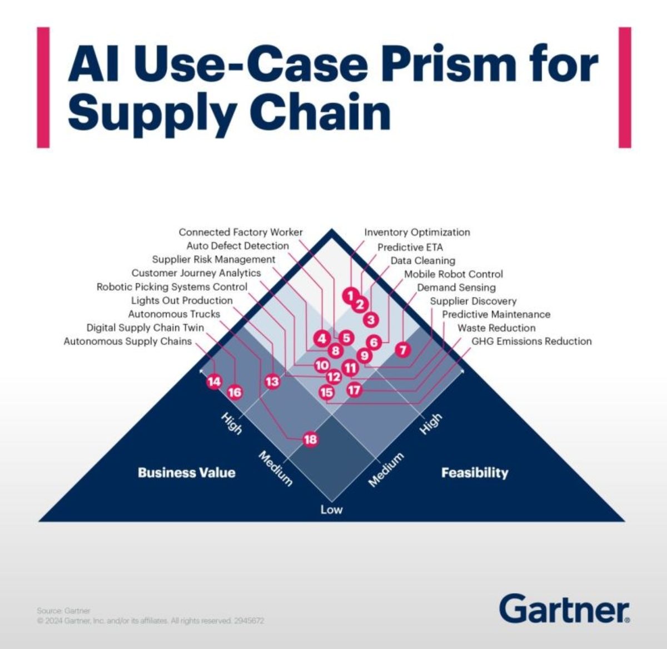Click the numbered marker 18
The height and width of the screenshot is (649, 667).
[310, 439]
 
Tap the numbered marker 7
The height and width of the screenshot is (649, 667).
[403, 350]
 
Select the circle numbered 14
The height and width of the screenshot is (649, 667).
[214, 382]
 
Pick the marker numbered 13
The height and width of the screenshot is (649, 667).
[272, 382]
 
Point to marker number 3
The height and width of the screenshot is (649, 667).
[371, 320]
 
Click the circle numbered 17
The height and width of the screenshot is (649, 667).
[355, 390]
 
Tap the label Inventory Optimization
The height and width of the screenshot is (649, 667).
[417, 232]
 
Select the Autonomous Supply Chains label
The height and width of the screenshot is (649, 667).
[127, 341]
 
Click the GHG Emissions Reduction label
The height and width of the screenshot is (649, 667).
[531, 341]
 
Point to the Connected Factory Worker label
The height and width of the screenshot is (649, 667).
[241, 232]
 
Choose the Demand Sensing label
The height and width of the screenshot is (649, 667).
[456, 288]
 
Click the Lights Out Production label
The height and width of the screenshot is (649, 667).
[182, 300]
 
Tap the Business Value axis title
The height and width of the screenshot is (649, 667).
[186, 473]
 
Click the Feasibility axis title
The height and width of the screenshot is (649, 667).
[475, 473]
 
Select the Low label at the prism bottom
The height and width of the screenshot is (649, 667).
[331, 510]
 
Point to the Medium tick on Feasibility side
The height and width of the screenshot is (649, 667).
[386, 469]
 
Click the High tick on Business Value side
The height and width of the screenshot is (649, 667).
[232, 424]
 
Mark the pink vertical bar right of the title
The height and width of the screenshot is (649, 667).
[625, 87]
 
